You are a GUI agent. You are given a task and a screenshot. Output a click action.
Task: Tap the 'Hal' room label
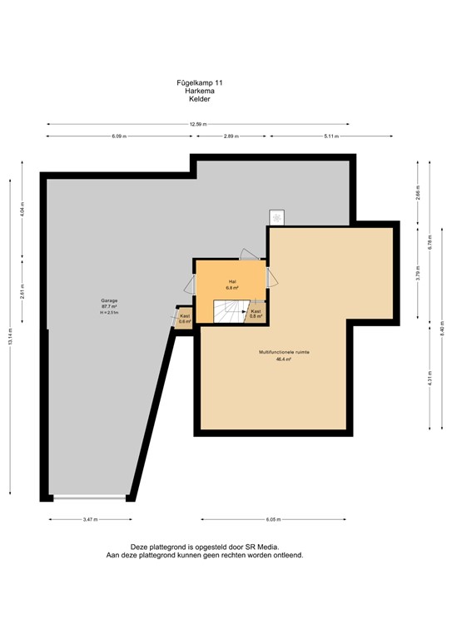pos(232,281)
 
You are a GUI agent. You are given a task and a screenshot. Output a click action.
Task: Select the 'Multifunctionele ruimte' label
pos(284,353)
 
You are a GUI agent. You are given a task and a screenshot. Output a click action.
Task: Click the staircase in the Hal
pos(226,311)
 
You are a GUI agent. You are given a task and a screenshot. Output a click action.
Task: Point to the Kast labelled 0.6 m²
pos(184,319)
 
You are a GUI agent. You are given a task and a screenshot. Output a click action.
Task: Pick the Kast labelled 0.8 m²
pos(256,313)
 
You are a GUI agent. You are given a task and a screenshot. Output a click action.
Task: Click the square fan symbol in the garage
pos(276,216)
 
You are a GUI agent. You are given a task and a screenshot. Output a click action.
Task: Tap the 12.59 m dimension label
pos(198,124)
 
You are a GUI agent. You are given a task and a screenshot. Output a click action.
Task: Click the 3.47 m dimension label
pos(91,519)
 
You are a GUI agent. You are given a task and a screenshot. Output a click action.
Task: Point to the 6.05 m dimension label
pos(272,519)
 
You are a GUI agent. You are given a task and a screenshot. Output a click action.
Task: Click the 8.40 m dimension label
pos(442,328)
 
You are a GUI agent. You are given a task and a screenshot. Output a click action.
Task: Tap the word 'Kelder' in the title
pos(199,99)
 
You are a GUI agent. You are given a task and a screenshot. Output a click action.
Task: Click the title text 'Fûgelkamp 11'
pos(199,83)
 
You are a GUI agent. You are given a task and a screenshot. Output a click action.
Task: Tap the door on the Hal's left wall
pos(189,283)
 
